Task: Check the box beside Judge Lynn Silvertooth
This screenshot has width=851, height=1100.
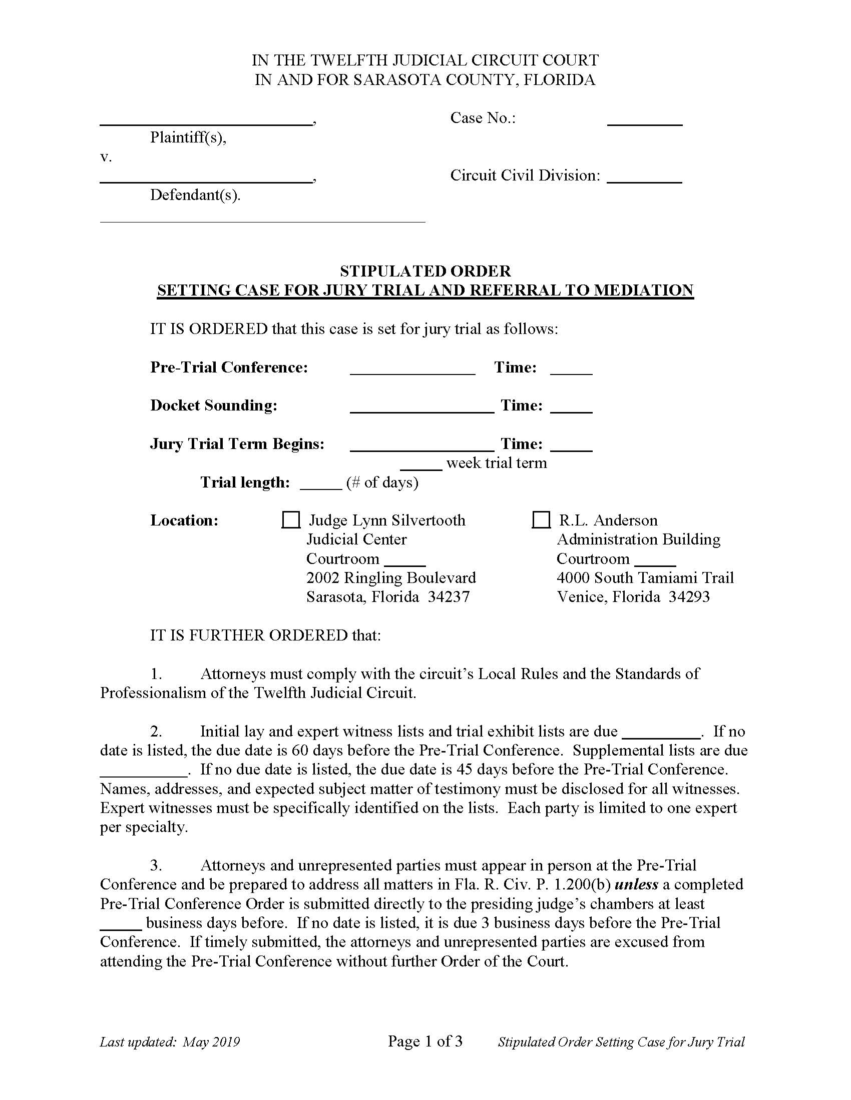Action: pos(290,520)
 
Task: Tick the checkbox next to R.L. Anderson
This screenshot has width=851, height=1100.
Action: pos(541,520)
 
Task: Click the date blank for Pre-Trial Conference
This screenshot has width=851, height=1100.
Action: pos(412,369)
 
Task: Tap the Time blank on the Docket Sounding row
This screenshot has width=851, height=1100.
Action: pos(571,407)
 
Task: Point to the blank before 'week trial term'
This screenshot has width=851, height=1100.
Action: pos(421,464)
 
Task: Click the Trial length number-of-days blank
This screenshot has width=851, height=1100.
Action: pos(321,483)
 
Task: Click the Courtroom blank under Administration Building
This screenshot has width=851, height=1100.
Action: pos(655,560)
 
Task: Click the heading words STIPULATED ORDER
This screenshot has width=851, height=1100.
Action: pos(425,271)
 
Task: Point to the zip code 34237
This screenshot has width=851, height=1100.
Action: pos(449,597)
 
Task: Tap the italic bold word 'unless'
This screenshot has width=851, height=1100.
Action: pos(636,884)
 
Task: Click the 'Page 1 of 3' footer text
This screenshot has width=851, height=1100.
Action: pos(425,1041)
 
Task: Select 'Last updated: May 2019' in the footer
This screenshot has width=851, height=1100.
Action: pos(170,1042)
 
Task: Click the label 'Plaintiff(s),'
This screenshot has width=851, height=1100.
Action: pos(188,137)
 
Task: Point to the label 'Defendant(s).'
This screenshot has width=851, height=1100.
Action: pos(195,195)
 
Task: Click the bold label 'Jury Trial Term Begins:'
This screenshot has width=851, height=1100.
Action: pos(237,443)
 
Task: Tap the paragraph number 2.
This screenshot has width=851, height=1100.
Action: pos(156,731)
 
